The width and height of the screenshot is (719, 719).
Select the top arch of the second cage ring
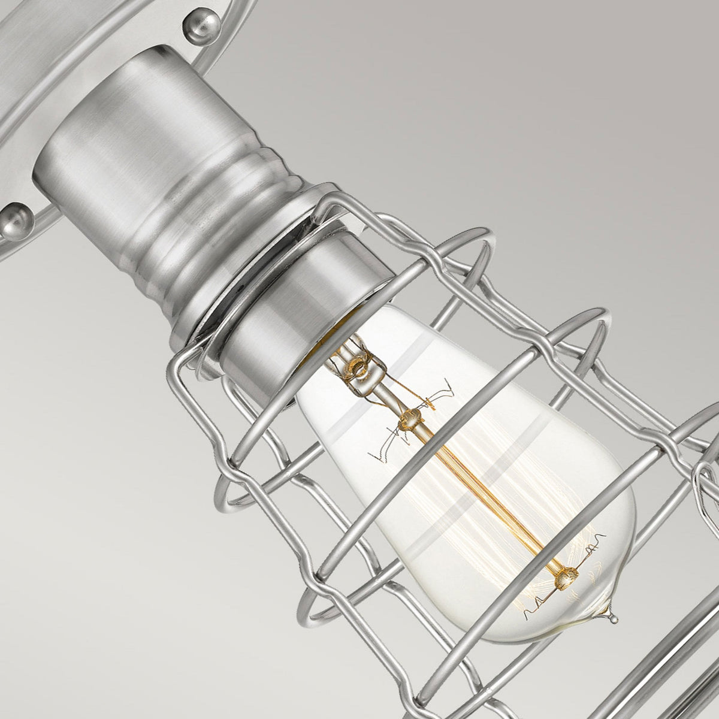(593, 315)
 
